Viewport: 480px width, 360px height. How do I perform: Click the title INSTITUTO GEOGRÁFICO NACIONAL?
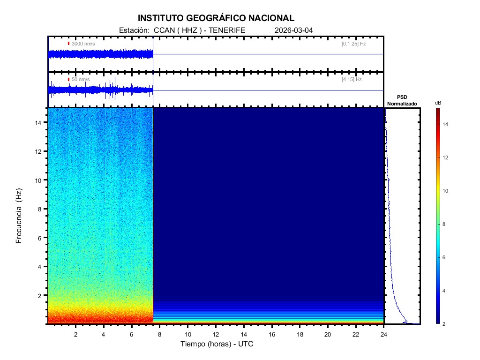tap(216, 18)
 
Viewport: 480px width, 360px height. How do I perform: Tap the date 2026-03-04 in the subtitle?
tap(293, 30)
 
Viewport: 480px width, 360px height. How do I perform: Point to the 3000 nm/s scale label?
tap(83, 44)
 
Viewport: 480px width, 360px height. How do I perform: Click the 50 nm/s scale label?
tap(81, 80)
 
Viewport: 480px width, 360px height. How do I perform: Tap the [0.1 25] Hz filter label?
tap(353, 44)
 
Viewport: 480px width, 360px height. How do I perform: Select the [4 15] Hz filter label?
tap(352, 80)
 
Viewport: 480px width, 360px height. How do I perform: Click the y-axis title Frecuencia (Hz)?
tap(19, 216)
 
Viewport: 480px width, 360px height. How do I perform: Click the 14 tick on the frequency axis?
tap(39, 122)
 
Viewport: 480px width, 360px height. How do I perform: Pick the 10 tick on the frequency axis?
tap(39, 180)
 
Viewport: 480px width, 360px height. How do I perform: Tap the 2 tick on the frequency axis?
tap(41, 295)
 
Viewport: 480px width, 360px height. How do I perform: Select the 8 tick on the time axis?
tap(159, 334)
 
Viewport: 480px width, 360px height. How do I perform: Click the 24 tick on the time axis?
tap(384, 334)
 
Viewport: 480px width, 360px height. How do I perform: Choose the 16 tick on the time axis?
tap(272, 334)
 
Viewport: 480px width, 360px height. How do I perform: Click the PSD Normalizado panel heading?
tap(402, 100)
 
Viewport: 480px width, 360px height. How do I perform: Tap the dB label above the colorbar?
tap(438, 103)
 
